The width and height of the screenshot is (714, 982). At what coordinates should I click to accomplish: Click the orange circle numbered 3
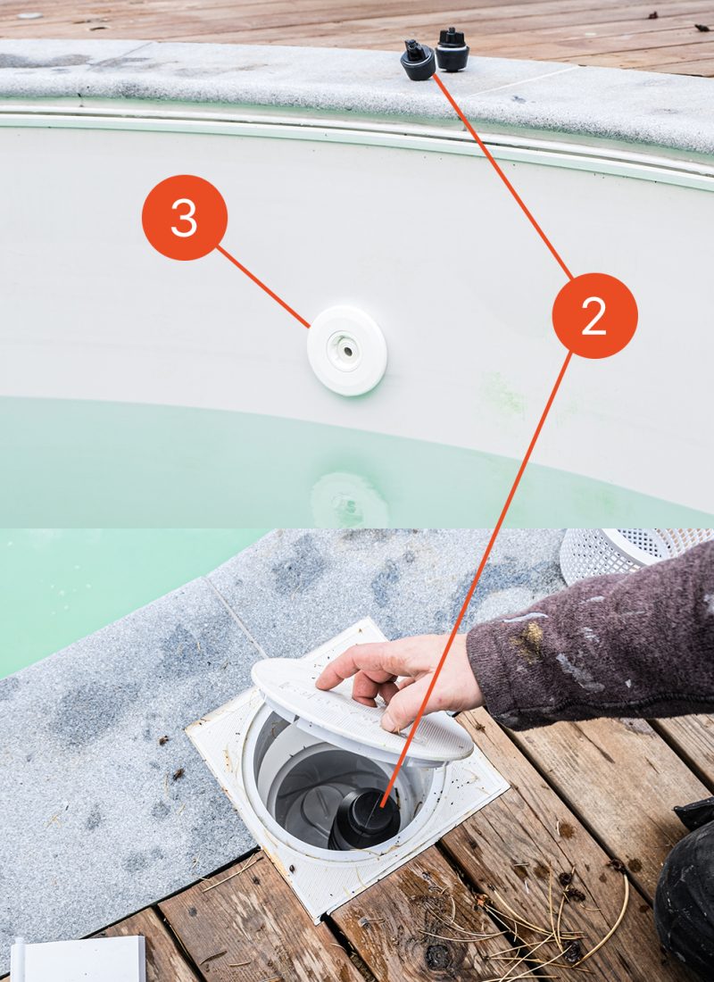click(185, 218)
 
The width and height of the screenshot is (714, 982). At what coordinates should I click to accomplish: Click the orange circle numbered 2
click(594, 316)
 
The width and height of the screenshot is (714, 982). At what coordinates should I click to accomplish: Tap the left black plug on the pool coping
click(417, 61)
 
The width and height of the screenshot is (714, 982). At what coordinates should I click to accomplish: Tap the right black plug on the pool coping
click(452, 50)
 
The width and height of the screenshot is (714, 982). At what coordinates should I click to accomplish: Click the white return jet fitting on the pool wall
click(347, 350)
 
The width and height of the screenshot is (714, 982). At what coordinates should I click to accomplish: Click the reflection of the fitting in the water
click(349, 500)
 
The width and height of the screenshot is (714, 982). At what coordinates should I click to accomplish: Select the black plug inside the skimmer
click(366, 818)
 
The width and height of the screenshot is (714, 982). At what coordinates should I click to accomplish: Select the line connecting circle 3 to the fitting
click(263, 286)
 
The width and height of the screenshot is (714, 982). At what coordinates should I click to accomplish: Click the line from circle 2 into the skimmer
click(482, 571)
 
